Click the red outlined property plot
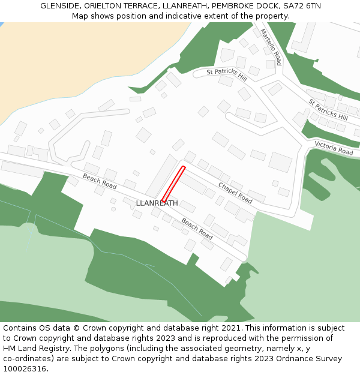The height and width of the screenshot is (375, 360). [x=173, y=184]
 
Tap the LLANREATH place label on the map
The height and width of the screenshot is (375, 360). [x=157, y=203]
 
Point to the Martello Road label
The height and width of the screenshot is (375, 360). [x=271, y=47]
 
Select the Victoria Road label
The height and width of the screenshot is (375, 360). [x=334, y=148]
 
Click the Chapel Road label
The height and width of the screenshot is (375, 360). [x=235, y=193]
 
